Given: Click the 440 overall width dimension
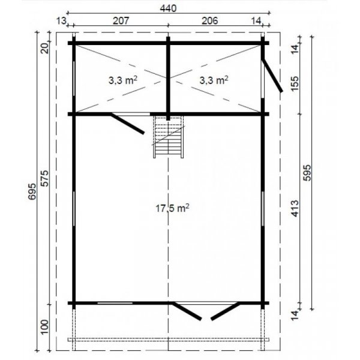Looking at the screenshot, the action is click(x=168, y=8).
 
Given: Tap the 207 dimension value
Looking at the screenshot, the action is click(x=121, y=21).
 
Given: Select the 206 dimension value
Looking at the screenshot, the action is click(x=209, y=21).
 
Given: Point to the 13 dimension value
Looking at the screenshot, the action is click(x=61, y=21).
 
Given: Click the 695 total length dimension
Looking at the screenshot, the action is click(x=32, y=191).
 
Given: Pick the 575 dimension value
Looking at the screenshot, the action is click(x=45, y=178).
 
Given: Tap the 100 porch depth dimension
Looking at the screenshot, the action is click(x=45, y=327).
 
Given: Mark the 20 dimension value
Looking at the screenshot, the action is click(x=46, y=48).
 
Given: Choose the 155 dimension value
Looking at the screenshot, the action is click(x=295, y=83).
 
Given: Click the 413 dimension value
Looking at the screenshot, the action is click(x=295, y=208).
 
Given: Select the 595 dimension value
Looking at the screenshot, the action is click(x=307, y=173).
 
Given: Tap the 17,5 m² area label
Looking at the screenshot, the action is click(x=172, y=208).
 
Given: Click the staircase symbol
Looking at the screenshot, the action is click(x=169, y=137).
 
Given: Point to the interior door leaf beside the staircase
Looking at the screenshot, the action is click(x=128, y=123).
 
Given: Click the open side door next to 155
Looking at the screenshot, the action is click(x=272, y=76).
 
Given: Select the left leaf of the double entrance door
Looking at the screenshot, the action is click(x=187, y=311).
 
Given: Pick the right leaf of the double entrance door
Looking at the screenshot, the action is click(x=226, y=311).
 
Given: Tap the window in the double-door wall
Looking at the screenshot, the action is click(x=115, y=303).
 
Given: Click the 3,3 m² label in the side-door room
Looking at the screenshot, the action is click(x=214, y=80).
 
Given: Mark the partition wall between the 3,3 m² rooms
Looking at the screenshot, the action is click(x=168, y=79).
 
